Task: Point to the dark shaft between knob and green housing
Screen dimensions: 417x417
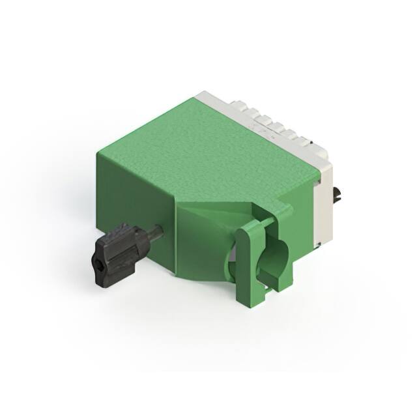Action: [155, 232]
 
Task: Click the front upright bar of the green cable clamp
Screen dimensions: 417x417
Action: [248, 261]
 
